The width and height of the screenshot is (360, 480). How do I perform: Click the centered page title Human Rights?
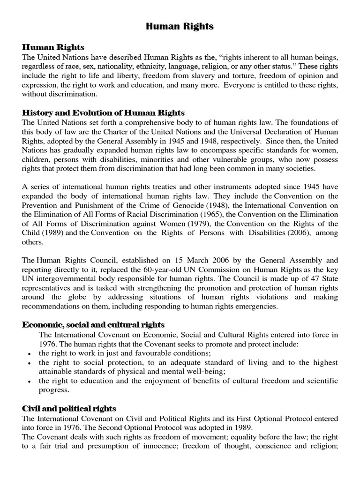[x=180, y=27]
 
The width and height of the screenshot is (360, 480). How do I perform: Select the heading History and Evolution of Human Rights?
[x=104, y=113]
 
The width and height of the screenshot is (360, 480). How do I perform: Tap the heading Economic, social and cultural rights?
[x=93, y=325]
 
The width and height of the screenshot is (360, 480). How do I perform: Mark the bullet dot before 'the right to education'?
[x=30, y=381]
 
